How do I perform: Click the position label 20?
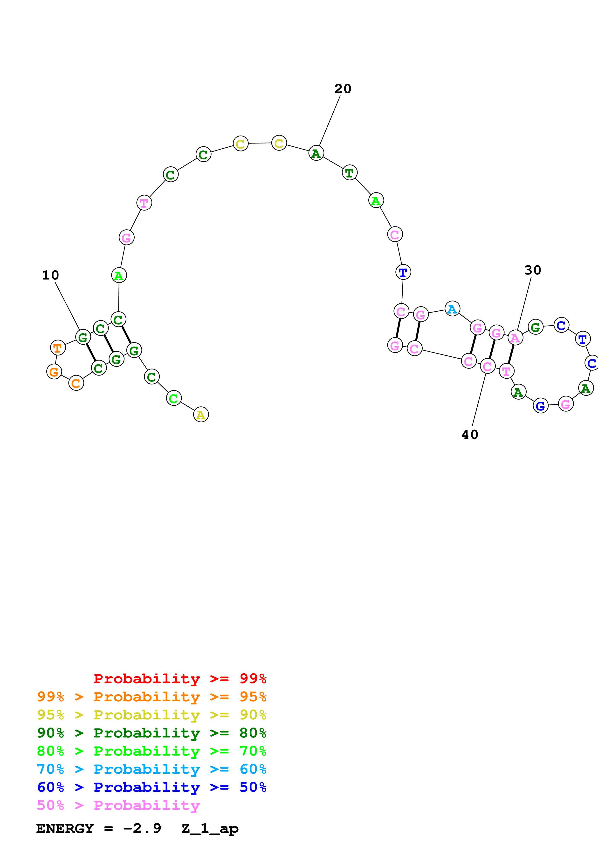pos(343,89)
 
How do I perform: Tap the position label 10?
pos(50,275)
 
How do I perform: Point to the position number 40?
pos(470,434)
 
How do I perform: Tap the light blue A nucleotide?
pos(452,309)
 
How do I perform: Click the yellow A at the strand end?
pos(201,415)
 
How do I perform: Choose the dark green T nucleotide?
pos(349,172)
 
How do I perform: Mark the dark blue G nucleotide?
pos(541,406)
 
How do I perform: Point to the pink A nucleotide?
pos(515,338)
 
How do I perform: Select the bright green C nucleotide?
pos(173,398)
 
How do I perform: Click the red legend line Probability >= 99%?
pos(180,679)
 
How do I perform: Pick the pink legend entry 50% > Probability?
pos(118,805)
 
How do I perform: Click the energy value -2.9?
pos(142,829)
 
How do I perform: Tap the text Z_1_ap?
pos(210,829)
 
